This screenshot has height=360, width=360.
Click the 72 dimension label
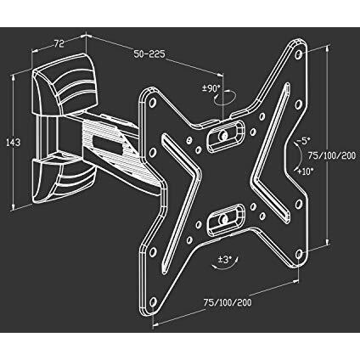point(59,44)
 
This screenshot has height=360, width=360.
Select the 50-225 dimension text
point(149,54)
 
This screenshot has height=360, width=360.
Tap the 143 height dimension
point(14,142)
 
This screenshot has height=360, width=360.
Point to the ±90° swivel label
point(211,89)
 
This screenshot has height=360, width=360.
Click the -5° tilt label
point(303,141)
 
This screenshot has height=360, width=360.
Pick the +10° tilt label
point(305,172)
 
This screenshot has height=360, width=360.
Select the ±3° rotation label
point(225,259)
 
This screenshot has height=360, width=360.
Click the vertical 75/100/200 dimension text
point(332,155)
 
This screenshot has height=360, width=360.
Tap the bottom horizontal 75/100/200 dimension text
point(228,302)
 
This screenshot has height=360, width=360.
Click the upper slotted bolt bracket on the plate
point(225,135)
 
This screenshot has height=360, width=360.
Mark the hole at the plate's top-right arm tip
point(298,53)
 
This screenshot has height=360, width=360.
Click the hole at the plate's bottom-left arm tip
point(153,301)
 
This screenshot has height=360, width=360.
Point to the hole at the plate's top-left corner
point(153,102)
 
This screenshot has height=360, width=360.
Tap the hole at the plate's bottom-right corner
point(299,254)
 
